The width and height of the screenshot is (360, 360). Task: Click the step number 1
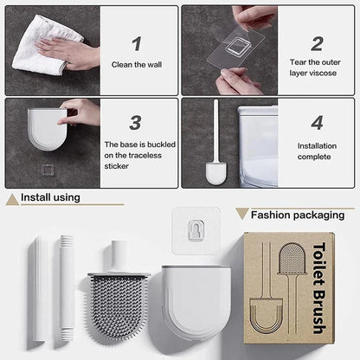(136, 43)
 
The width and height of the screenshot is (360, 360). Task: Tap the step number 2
(317, 43)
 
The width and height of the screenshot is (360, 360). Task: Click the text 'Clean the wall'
(135, 64)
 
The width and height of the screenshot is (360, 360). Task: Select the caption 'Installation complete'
(317, 151)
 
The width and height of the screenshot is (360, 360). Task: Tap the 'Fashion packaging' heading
(299, 214)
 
